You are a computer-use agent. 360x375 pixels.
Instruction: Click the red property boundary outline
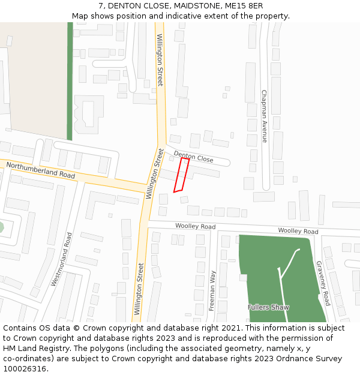181,175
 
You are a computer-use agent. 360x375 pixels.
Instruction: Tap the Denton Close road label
193,157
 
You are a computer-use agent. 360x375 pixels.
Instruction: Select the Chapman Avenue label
264,116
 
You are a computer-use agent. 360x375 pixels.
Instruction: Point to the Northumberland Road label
41,169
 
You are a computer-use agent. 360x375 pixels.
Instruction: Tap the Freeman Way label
212,290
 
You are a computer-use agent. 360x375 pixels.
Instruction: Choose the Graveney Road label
323,283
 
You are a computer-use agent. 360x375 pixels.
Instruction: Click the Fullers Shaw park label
268,307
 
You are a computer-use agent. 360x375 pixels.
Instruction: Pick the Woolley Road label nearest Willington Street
195,227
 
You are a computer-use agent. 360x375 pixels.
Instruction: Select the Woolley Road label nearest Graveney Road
298,231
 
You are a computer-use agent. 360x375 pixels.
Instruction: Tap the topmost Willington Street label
160,59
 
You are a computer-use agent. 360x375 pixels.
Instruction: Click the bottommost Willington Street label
139,289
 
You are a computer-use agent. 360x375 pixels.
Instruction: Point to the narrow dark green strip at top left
70,81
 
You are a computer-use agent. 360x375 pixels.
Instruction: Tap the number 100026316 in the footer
25,368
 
